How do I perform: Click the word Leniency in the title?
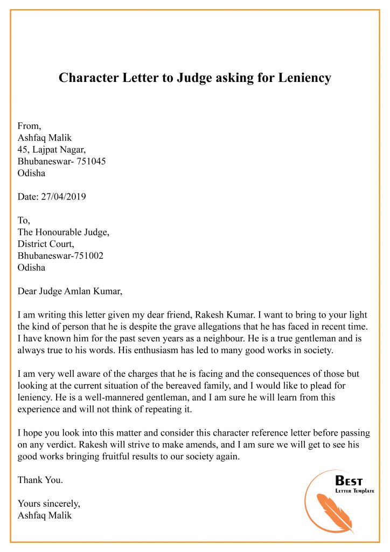pyautogui.click(x=304, y=78)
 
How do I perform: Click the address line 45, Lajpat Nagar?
pyautogui.click(x=52, y=149)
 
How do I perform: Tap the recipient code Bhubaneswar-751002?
pyautogui.click(x=60, y=256)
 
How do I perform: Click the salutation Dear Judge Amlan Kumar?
pyautogui.click(x=70, y=292)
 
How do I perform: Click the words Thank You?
pyautogui.click(x=40, y=479)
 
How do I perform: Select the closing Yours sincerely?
pyautogui.click(x=48, y=503)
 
